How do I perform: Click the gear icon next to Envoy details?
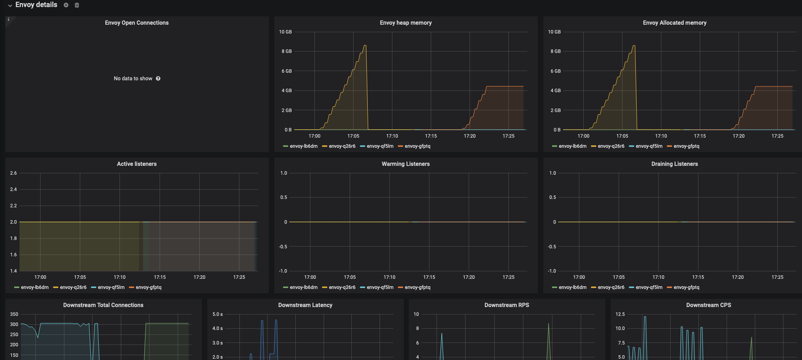(x=66, y=5)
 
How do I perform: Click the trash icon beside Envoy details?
(x=77, y=5)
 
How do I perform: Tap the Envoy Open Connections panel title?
(x=137, y=23)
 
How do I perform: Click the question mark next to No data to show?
(x=158, y=79)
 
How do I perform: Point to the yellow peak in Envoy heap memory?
(x=365, y=46)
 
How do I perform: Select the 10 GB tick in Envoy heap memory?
(x=285, y=32)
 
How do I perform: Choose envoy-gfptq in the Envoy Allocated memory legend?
(x=686, y=146)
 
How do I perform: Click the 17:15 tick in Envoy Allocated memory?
(x=700, y=136)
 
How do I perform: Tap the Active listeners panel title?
(x=137, y=164)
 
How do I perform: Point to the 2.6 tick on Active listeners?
(x=14, y=173)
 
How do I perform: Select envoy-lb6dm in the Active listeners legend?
(x=34, y=287)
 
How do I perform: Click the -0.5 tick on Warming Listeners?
(x=283, y=247)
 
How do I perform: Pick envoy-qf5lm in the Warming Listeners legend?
(x=380, y=287)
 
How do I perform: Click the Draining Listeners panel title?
(x=675, y=164)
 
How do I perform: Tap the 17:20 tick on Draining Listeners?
(x=738, y=277)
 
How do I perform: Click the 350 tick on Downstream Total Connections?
(x=14, y=314)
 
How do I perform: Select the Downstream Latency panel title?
(x=305, y=305)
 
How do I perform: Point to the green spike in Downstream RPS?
(x=548, y=325)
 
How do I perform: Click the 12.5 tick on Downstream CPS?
(x=620, y=314)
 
